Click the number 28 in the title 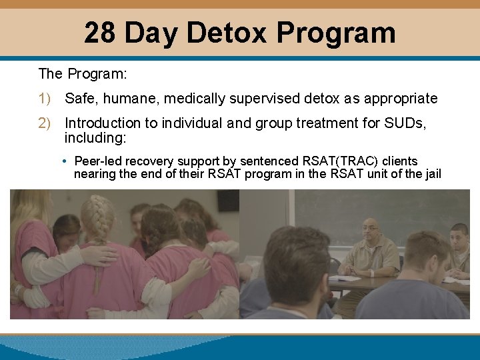coord(101,33)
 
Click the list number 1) coord(45,99)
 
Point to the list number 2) coord(45,123)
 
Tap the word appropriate coord(400,99)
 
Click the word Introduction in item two coord(103,123)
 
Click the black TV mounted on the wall coord(228,199)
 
